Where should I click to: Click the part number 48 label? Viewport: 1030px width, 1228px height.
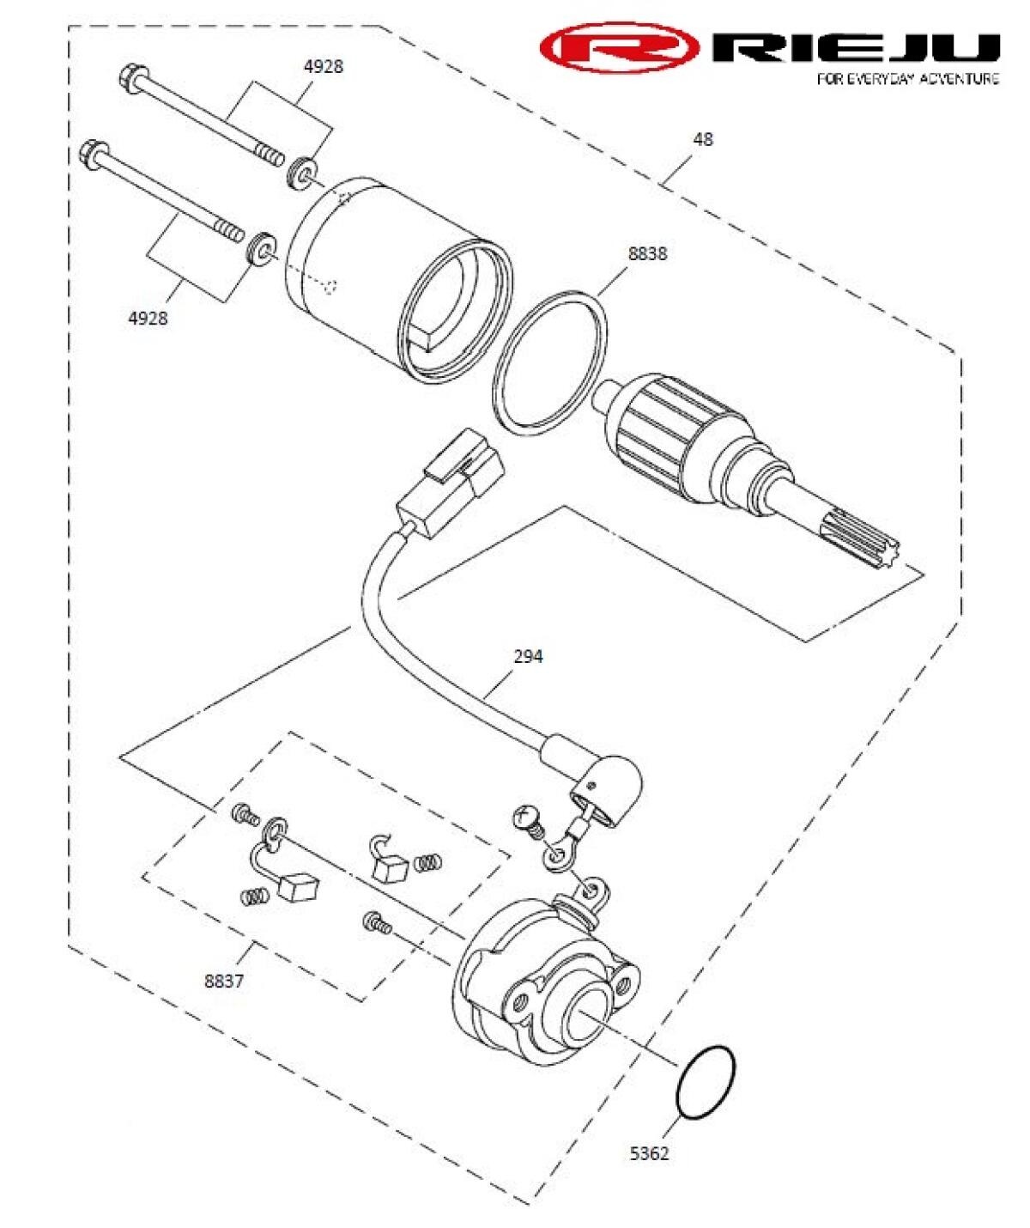[702, 139]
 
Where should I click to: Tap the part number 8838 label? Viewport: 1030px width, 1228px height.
[647, 254]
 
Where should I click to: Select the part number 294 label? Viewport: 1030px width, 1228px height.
[528, 656]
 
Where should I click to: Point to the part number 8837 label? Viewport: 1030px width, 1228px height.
[224, 981]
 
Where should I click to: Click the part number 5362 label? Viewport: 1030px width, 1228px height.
[649, 1153]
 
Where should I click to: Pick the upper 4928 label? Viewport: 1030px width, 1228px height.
[323, 67]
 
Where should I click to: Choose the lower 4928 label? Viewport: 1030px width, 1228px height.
[148, 319]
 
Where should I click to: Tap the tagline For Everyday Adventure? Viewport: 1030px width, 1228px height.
[907, 79]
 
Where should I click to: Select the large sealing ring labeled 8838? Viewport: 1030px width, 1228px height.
[550, 360]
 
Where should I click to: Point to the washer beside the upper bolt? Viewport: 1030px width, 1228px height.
[301, 172]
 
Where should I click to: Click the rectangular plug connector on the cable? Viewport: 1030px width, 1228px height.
[451, 480]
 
